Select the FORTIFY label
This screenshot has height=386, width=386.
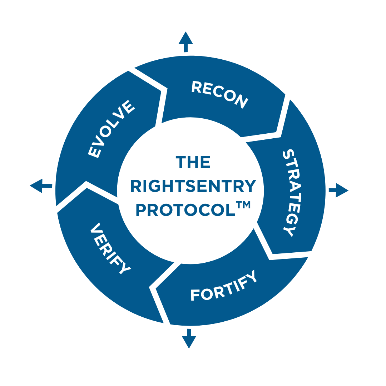pyautogui.click(x=224, y=286)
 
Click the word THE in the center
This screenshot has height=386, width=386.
pyautogui.click(x=193, y=163)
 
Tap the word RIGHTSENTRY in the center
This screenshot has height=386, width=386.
pyautogui.click(x=193, y=187)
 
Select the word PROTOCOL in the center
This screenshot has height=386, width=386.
pyautogui.click(x=185, y=210)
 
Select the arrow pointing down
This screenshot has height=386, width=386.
pyautogui.click(x=189, y=340)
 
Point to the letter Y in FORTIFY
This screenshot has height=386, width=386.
pyautogui.click(x=252, y=276)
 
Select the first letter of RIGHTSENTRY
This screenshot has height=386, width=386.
pyautogui.click(x=135, y=187)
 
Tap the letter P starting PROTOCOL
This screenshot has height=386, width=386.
pyautogui.click(x=141, y=211)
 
